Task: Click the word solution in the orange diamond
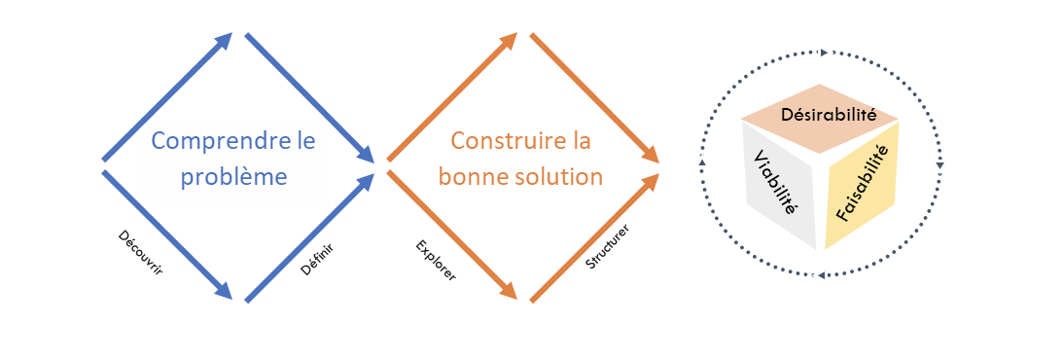tap(560, 177)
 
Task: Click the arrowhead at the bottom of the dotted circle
tap(820, 276)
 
